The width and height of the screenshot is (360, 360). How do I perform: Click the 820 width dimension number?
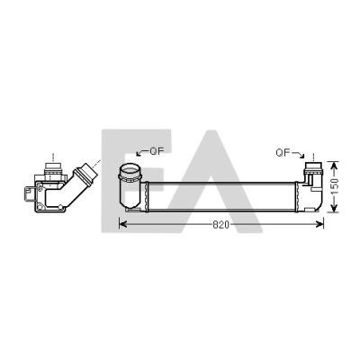(x=220, y=225)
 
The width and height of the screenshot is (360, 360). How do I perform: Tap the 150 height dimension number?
(x=335, y=186)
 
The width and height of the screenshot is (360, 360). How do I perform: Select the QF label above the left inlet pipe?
(x=157, y=151)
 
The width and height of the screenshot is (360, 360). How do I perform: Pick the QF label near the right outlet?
(x=283, y=153)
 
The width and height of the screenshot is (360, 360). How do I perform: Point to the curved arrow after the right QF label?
(x=299, y=155)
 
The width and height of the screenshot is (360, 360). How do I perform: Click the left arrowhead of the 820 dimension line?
(x=121, y=224)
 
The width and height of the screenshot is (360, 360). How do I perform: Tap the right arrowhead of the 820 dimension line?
(x=320, y=224)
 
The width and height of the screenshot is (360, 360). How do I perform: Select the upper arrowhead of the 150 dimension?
(x=334, y=165)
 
